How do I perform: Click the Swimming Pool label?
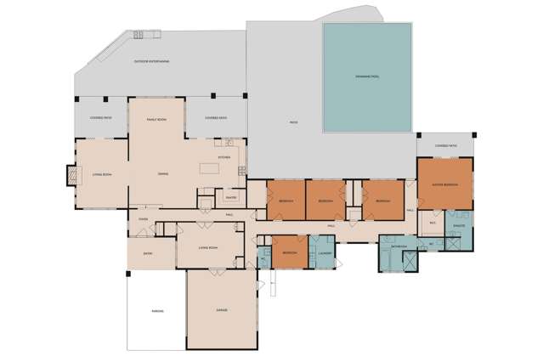click(367, 76)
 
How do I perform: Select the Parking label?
click(157, 312)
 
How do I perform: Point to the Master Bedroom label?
click(445, 184)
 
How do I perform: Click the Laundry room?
click(323, 253)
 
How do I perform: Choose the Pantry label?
click(229, 198)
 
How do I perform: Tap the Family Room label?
click(156, 120)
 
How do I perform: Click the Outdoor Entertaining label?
click(152, 62)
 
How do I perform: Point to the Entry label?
click(148, 252)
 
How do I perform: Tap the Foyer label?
click(144, 218)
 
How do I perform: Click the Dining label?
click(162, 174)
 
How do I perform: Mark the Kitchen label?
click(224, 157)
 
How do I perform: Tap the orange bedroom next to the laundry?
click(290, 253)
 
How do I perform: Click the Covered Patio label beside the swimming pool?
click(446, 145)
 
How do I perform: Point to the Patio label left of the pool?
click(293, 123)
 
